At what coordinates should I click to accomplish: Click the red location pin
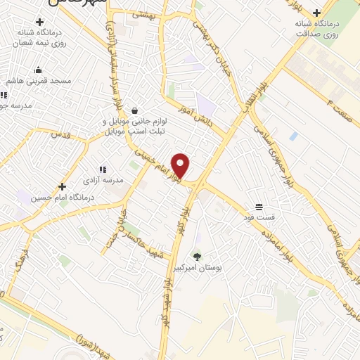pos(181,166)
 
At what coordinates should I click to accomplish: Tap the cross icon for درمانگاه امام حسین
pos(63,186)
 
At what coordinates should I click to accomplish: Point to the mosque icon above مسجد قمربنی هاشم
pos(38,70)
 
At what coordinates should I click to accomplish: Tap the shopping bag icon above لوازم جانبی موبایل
pos(134,110)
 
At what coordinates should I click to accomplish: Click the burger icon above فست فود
pos(259,206)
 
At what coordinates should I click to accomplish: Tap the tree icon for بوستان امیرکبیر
pos(197,257)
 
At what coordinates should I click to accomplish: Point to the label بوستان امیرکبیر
pos(197,269)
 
